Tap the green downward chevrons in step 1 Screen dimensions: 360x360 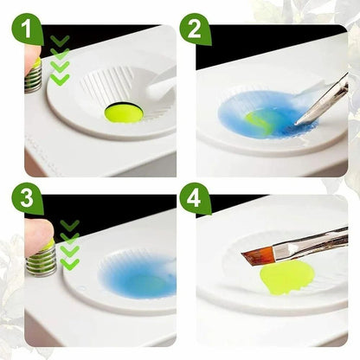point(60,61)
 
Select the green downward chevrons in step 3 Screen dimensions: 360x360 point(69,245)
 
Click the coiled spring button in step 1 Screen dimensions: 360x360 point(34,79)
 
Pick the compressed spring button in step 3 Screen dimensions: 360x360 point(43,260)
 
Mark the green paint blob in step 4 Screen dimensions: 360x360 point(282,279)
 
